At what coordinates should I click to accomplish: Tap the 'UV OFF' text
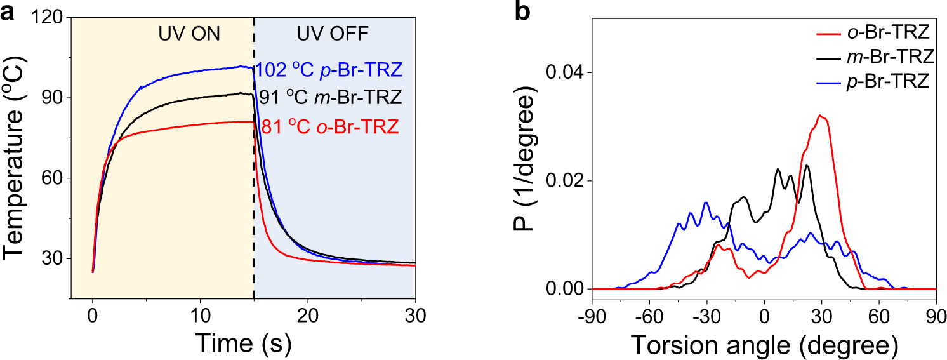pyautogui.click(x=335, y=34)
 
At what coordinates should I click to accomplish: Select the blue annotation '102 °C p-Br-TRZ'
pyautogui.click(x=328, y=69)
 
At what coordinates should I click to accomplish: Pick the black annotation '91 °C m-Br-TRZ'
pyautogui.click(x=331, y=98)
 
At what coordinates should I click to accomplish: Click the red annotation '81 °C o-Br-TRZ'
pyautogui.click(x=330, y=127)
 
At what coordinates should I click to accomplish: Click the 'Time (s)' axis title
pyautogui.click(x=242, y=343)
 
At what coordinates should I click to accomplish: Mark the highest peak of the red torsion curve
pyautogui.click(x=821, y=116)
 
